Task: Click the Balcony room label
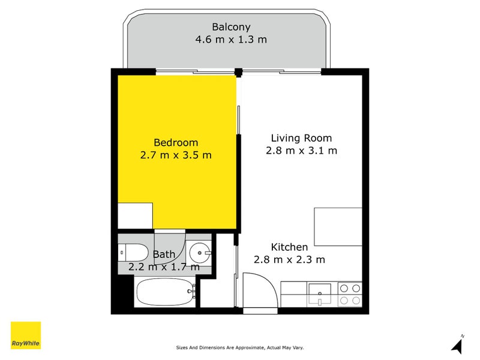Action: pyautogui.click(x=231, y=27)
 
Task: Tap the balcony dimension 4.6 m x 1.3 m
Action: pyautogui.click(x=231, y=40)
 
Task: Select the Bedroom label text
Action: pyautogui.click(x=176, y=142)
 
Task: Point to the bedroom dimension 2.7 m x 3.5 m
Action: pyautogui.click(x=176, y=155)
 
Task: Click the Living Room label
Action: pyautogui.click(x=301, y=137)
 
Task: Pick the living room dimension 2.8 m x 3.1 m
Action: pyautogui.click(x=301, y=151)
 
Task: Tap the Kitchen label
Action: pyautogui.click(x=289, y=247)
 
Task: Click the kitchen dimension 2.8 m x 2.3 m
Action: pyautogui.click(x=289, y=260)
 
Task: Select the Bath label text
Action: pyautogui.click(x=164, y=254)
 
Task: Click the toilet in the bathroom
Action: pyautogui.click(x=132, y=253)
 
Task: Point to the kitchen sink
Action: pyautogui.click(x=322, y=294)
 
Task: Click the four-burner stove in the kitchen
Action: pyautogui.click(x=350, y=294)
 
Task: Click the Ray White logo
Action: pyautogui.click(x=26, y=335)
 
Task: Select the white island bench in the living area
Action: pyautogui.click(x=338, y=227)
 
